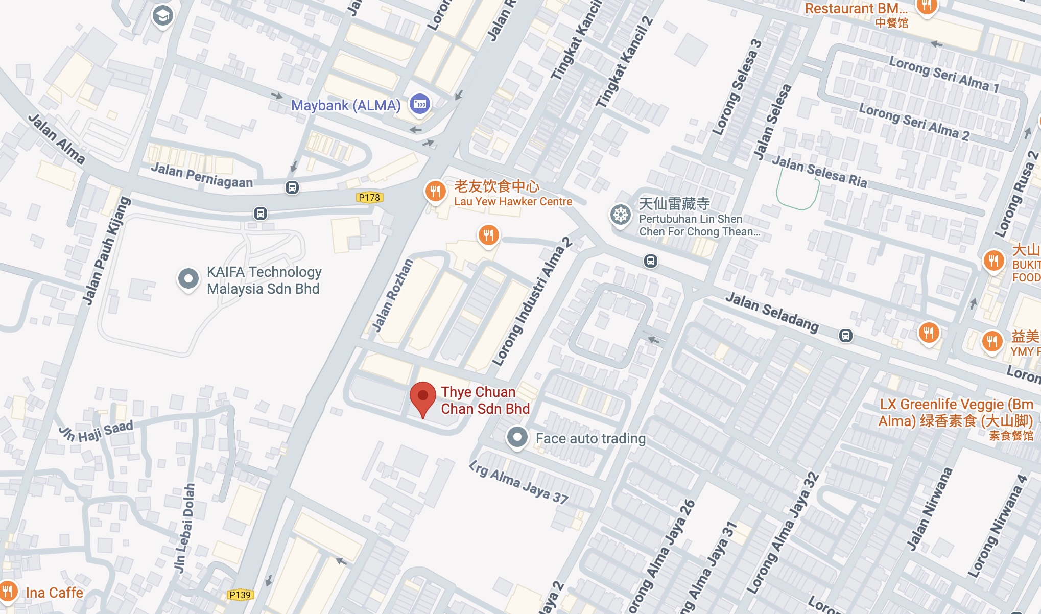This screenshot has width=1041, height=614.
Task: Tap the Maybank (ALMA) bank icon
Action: (420, 104)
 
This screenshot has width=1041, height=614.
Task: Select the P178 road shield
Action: (369, 197)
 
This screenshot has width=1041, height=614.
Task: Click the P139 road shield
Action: (240, 595)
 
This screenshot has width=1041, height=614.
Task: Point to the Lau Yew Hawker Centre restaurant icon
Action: (435, 192)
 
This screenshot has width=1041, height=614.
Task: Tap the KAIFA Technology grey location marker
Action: (188, 279)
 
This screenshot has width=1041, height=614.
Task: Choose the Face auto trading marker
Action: (517, 437)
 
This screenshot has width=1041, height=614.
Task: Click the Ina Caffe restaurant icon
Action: (8, 592)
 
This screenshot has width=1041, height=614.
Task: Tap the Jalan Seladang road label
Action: (772, 311)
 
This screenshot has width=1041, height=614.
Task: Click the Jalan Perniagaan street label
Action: (202, 175)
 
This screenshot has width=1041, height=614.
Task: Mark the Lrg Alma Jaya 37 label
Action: (518, 483)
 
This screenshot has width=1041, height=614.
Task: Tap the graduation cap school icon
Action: (163, 16)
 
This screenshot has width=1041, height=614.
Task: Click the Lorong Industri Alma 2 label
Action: (532, 302)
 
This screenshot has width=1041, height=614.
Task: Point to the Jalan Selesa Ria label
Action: (819, 172)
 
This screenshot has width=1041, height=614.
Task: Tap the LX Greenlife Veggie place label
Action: (956, 413)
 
